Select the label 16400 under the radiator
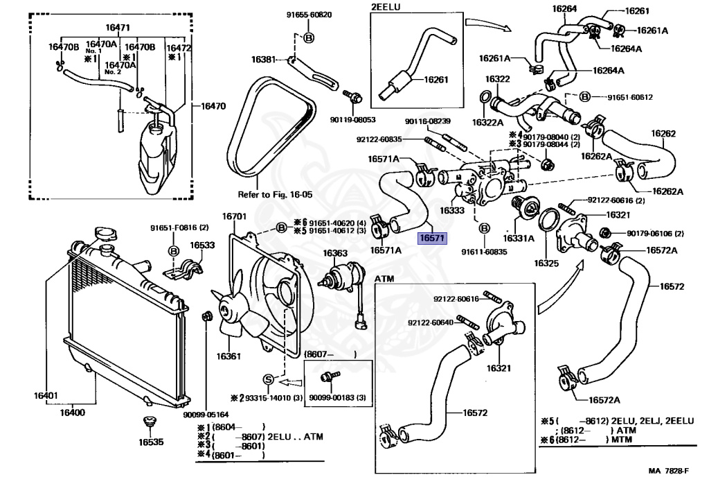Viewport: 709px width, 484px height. [71, 413]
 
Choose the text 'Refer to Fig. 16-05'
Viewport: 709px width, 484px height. [271, 195]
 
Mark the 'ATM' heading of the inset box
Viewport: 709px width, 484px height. [384, 279]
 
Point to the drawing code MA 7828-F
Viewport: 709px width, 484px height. [673, 472]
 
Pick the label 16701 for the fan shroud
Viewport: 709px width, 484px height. [234, 217]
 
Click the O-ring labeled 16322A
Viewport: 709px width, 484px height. [485, 96]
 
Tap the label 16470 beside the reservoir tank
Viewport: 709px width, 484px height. [213, 106]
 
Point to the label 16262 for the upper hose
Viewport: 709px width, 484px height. [663, 133]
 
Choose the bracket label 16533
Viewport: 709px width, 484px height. [203, 245]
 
